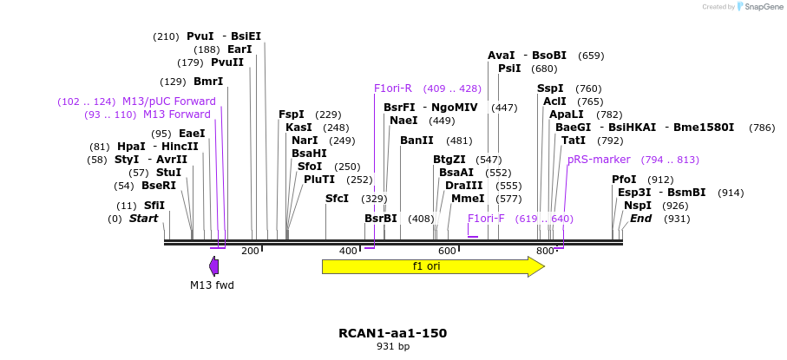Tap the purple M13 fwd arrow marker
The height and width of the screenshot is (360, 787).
[213, 266]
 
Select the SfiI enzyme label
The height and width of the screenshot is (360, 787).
[154, 206]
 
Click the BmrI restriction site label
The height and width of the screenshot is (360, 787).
[207, 82]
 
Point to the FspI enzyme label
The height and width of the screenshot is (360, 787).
[292, 115]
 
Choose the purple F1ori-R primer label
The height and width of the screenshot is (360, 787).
[393, 88]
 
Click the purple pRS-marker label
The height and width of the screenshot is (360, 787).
[599, 160]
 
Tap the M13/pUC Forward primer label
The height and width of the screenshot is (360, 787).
[168, 101]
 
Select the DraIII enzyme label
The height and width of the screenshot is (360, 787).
[458, 186]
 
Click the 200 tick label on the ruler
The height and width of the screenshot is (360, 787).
[251, 251]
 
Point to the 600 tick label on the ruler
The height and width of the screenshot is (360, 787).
[447, 251]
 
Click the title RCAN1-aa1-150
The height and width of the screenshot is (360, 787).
[393, 333]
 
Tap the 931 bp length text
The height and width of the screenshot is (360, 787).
[393, 346]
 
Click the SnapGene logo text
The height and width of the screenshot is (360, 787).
[760, 7]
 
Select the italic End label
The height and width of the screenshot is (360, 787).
[641, 219]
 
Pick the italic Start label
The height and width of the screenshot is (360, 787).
[143, 219]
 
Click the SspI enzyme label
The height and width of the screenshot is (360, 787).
[550, 88]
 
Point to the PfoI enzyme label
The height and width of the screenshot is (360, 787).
[624, 180]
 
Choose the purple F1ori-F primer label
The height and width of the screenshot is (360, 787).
[486, 219]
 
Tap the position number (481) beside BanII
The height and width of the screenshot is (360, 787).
[459, 141]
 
